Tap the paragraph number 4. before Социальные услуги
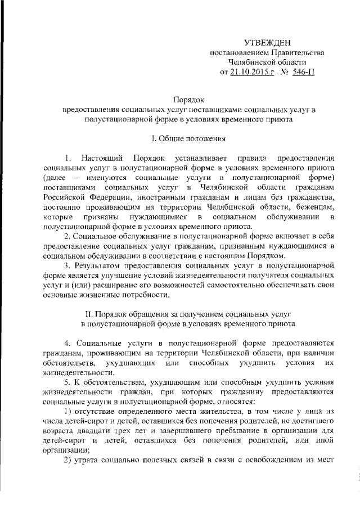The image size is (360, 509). [x=66, y=342]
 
